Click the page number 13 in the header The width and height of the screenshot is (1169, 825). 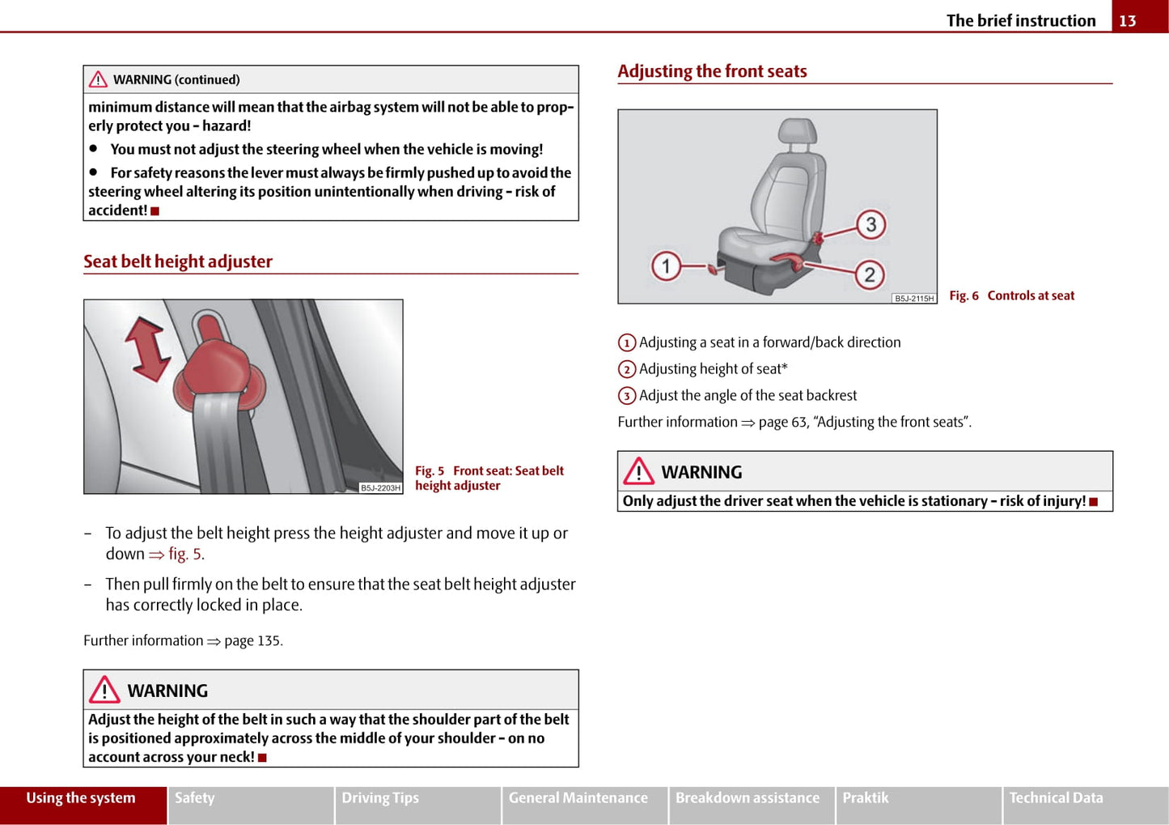[x=1128, y=21]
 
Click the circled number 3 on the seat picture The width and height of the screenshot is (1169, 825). [x=870, y=224]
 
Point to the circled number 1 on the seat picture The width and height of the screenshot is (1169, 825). [x=666, y=266]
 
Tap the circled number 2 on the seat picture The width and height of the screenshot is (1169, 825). [x=870, y=274]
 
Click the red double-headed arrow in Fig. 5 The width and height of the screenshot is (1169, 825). [x=148, y=349]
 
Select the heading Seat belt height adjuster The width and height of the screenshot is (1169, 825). [x=178, y=262]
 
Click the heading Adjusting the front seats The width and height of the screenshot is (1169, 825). [x=712, y=71]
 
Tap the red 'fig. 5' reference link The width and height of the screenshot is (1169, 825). [x=186, y=555]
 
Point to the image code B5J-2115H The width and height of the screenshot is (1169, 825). [x=914, y=299]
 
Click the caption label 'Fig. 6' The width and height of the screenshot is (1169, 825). [x=964, y=296]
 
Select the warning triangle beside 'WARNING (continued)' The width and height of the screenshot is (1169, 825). [x=98, y=79]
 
